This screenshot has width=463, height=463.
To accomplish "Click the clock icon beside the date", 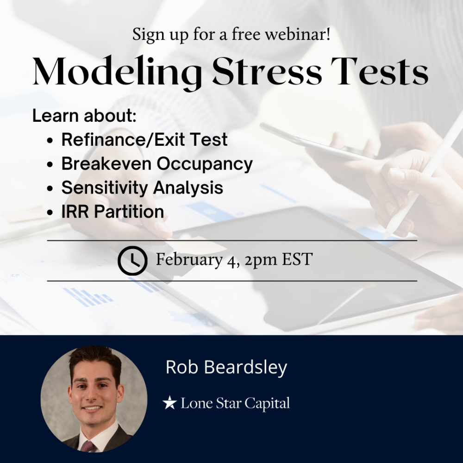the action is click(132, 260).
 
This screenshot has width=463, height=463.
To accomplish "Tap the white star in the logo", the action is click(169, 403).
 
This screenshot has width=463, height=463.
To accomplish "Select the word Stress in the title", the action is click(267, 71).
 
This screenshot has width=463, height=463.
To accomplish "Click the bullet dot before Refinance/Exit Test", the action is click(50, 141).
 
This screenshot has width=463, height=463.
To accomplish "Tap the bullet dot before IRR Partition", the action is click(50, 213).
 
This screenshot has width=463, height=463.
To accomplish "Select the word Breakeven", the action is click(106, 163).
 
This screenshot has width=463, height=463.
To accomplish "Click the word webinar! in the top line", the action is click(297, 34).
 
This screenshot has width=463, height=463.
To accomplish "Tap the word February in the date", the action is click(189, 260).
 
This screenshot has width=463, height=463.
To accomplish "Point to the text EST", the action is click(297, 259).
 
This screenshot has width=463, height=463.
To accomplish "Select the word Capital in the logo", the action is click(267, 404).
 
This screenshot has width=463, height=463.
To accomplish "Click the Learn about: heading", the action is click(84, 115).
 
